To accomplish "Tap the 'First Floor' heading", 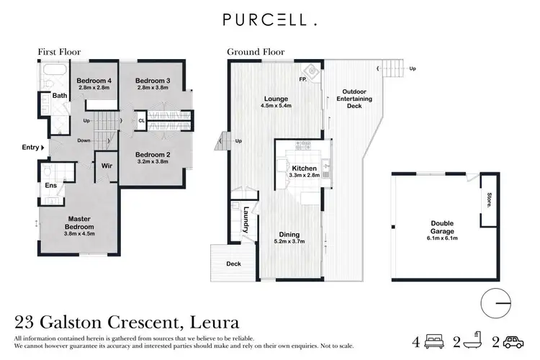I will (x=59, y=52).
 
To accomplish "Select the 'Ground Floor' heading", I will (x=256, y=52).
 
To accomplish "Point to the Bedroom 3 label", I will (x=152, y=81).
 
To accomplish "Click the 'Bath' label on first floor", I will (x=59, y=95).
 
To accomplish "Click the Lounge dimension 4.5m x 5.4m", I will (x=276, y=107).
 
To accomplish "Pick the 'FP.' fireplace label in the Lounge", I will (x=305, y=80).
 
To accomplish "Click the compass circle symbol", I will (x=495, y=302).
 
